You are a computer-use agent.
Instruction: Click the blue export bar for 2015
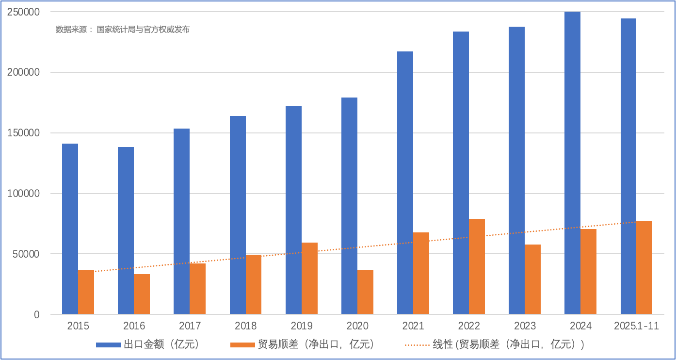(70, 229)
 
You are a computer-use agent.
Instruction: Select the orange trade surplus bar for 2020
(365, 292)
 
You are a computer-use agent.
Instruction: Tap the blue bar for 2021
(405, 183)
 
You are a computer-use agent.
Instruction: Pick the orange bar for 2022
(477, 266)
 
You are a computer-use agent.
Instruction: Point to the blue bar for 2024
(572, 163)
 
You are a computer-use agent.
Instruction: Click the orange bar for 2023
(532, 279)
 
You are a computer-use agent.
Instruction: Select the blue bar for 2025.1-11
(628, 166)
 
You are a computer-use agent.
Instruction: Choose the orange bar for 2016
(142, 294)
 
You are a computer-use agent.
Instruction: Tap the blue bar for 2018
(238, 215)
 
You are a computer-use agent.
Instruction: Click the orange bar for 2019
(309, 278)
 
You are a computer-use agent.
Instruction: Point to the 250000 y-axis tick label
(23, 12)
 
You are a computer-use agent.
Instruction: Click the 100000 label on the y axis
(23, 194)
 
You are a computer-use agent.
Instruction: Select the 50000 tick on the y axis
(26, 254)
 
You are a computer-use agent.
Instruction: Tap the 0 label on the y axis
(37, 315)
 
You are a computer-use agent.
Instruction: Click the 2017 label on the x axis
(190, 326)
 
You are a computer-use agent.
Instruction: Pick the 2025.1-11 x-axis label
(636, 326)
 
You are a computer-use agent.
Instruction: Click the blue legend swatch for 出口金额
(108, 345)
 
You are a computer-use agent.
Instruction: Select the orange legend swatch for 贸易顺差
(242, 345)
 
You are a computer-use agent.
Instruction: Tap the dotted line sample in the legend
(417, 345)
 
